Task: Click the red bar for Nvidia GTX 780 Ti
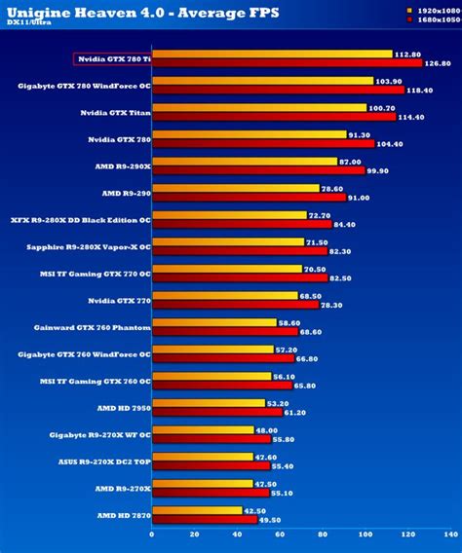pos(287,63)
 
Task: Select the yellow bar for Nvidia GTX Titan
pos(259,108)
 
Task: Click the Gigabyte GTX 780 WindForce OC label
pos(85,86)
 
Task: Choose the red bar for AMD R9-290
pos(250,197)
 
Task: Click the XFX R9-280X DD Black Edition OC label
pos(80,219)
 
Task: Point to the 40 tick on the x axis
pos(238,535)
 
